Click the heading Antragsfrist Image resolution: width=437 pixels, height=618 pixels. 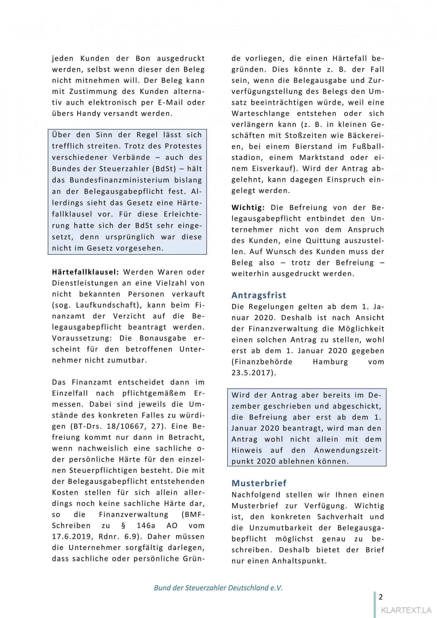coord(259,295)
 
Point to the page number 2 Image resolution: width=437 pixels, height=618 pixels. coord(381,590)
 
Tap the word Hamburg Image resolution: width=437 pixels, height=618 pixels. coord(330,362)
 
